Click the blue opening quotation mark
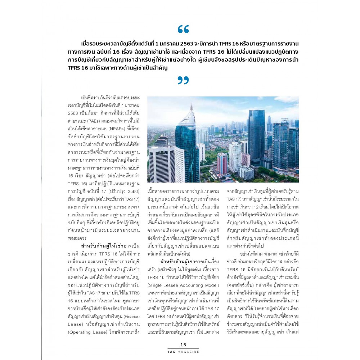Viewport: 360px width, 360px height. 183,29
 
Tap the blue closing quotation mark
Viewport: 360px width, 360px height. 183,80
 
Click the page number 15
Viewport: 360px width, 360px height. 183,345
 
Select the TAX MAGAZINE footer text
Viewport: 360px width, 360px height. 183,351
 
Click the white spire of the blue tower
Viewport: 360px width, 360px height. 192,108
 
